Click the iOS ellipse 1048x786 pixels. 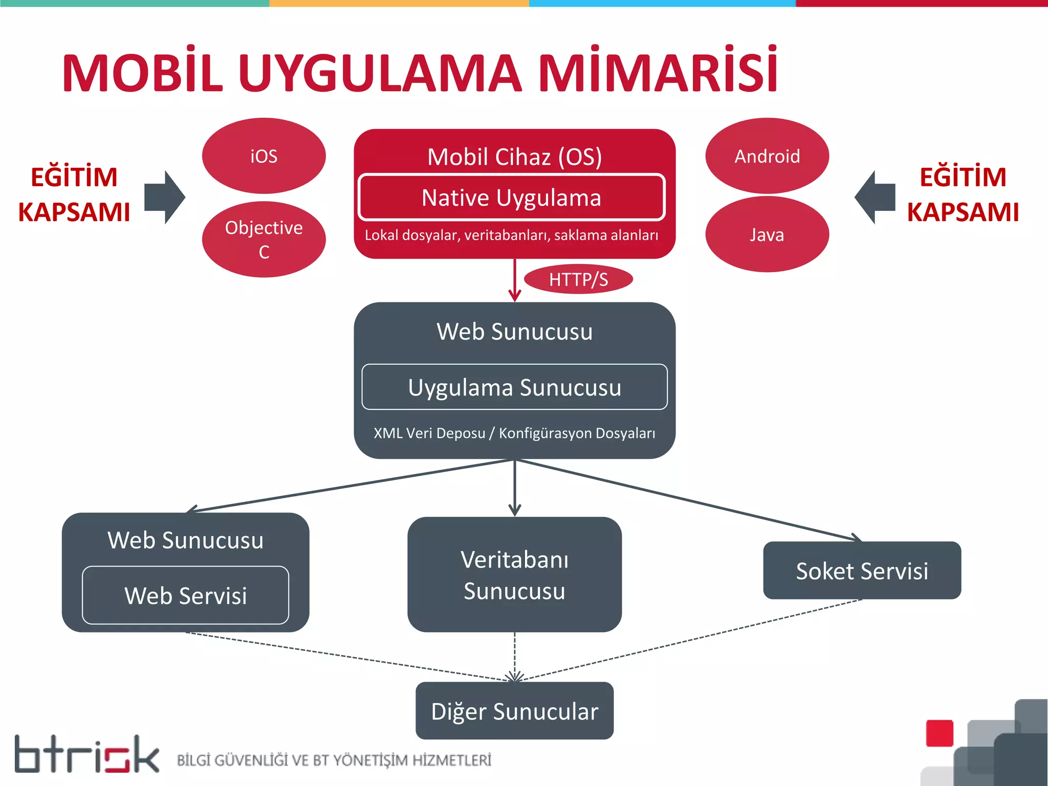point(264,156)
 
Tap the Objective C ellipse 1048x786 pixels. point(264,239)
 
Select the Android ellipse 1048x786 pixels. point(767,156)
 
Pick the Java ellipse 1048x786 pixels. point(767,234)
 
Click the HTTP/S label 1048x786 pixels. point(578,279)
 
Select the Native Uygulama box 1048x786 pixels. point(512,198)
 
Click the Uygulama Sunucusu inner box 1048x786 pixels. point(514,387)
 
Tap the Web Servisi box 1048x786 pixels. point(185,595)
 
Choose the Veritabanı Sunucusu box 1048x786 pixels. point(514,575)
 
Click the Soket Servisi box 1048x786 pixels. point(862,571)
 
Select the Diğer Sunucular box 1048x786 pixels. point(514,711)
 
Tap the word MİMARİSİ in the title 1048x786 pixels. point(658,72)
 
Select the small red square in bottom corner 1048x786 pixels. point(940,733)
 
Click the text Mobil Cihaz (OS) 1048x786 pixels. point(514,157)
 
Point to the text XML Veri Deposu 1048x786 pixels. point(429,433)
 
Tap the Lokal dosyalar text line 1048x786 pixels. point(512,235)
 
